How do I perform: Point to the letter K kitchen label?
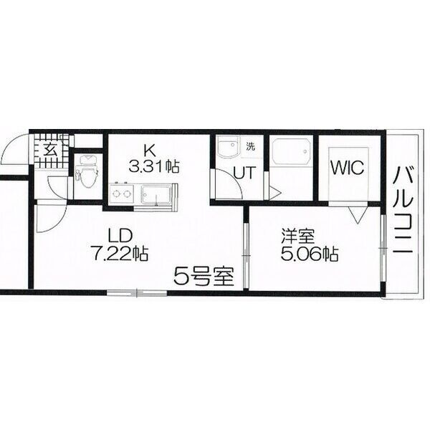150,151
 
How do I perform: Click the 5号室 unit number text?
204,274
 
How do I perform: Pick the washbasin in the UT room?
229,150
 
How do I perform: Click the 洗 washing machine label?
250,146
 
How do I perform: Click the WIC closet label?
348,168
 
